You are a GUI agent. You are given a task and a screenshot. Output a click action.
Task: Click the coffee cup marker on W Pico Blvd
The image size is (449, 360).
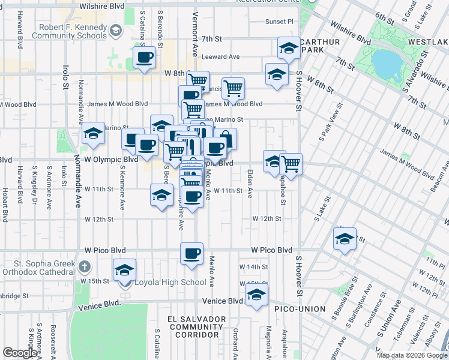191,254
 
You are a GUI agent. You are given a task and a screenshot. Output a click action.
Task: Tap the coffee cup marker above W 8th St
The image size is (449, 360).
143,58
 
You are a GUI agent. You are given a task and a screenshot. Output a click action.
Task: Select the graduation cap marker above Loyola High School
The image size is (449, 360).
124,270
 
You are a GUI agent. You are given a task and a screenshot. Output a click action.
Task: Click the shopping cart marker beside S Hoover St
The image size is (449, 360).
291,163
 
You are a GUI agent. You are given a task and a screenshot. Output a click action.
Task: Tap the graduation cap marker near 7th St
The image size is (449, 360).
289,49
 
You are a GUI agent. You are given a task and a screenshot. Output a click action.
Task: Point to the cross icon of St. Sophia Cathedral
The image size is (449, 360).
85,266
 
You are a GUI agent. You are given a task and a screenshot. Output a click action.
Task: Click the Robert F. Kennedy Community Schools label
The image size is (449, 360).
73,31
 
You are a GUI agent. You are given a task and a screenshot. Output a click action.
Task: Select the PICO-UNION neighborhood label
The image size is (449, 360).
300,309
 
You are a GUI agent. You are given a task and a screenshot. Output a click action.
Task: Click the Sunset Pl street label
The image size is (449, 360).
279,21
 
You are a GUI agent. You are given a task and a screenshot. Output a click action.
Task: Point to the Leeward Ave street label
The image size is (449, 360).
220,57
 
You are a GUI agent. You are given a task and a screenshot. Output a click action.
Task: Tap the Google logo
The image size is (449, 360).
20,352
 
